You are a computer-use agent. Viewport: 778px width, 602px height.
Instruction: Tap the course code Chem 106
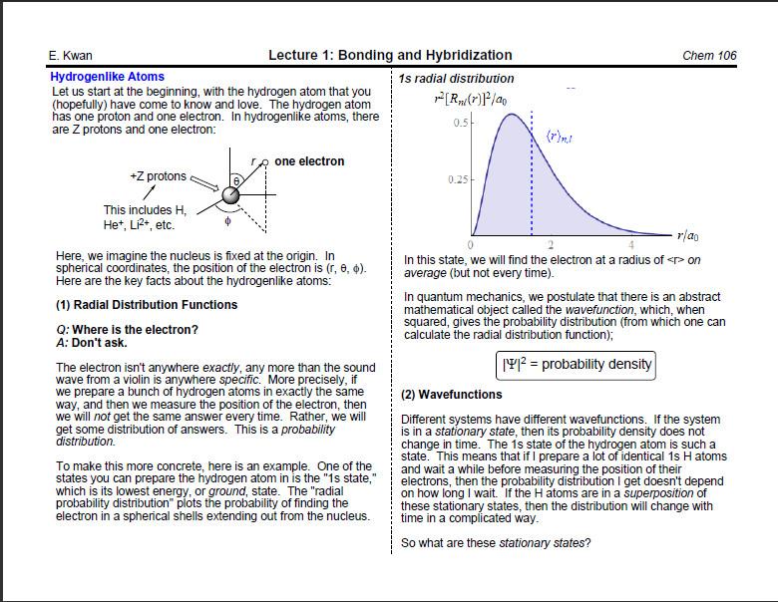[709, 56]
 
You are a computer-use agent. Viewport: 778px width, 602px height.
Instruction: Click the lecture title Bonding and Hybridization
[390, 56]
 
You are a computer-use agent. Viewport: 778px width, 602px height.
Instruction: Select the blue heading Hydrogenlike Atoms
[107, 77]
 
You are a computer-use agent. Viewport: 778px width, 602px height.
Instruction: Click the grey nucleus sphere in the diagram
[231, 194]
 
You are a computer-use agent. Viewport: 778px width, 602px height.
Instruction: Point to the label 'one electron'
[309, 161]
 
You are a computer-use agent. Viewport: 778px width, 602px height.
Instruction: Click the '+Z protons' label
[158, 176]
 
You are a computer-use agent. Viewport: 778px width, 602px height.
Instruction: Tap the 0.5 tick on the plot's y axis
[460, 124]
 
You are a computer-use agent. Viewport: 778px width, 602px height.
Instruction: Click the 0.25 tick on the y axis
[457, 179]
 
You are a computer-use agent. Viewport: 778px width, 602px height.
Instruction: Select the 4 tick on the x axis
[631, 245]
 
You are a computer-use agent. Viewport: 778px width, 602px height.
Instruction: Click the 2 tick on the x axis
[551, 245]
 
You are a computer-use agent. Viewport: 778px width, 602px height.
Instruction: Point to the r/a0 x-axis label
[687, 236]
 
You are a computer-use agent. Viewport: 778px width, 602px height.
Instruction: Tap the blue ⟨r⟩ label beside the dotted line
[561, 135]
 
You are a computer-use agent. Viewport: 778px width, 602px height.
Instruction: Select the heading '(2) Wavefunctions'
[452, 395]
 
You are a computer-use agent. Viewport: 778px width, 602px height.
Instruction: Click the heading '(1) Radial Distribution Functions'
[147, 305]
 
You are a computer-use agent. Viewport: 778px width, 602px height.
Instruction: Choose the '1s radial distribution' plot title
[456, 79]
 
